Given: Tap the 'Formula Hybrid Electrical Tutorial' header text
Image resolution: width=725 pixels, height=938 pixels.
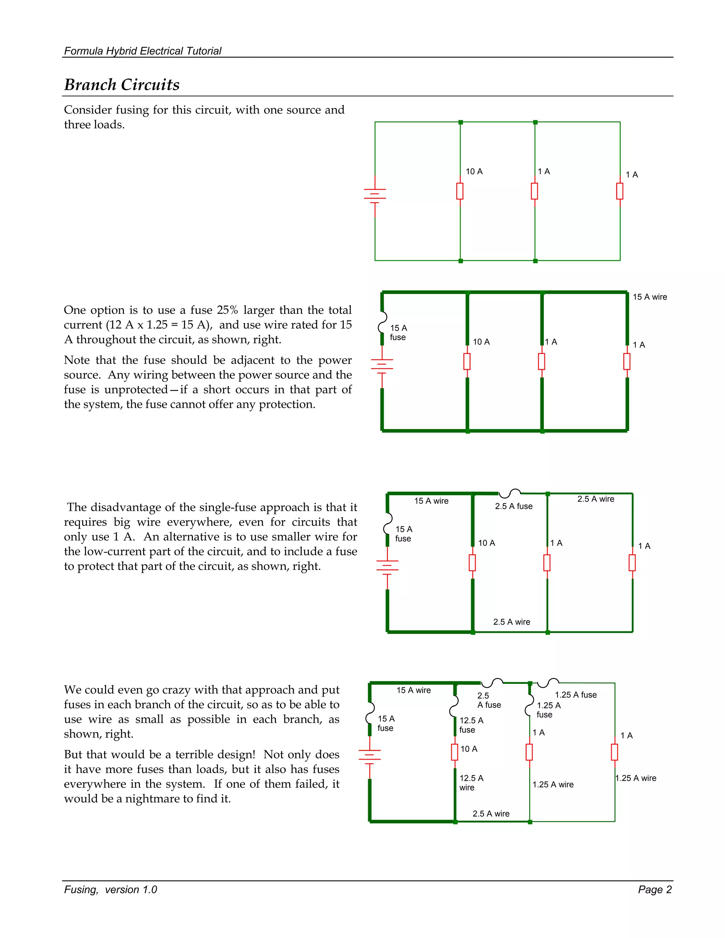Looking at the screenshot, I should [143, 51].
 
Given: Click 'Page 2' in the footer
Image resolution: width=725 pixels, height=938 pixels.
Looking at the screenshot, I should [655, 890].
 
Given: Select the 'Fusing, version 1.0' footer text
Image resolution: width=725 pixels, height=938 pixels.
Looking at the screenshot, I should [110, 890].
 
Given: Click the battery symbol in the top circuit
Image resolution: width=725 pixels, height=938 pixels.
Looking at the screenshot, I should [375, 195].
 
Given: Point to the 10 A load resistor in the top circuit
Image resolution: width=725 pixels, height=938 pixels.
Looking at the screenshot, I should [459, 191].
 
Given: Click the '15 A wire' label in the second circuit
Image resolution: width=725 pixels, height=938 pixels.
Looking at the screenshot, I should [649, 297].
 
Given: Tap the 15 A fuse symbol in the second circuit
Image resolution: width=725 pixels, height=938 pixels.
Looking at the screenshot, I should [381, 327].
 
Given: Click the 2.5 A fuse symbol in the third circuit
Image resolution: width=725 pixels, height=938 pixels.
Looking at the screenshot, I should [510, 493].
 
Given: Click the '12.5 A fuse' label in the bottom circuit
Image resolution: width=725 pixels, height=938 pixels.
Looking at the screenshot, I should [471, 725].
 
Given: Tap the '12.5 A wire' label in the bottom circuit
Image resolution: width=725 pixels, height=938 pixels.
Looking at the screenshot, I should [471, 783].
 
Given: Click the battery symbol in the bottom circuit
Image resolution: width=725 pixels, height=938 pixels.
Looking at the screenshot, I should [369, 756].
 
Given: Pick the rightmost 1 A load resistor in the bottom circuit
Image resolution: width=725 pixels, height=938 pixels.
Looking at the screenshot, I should [614, 752].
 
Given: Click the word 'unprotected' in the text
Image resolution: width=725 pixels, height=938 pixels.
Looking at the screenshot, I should [136, 390].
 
